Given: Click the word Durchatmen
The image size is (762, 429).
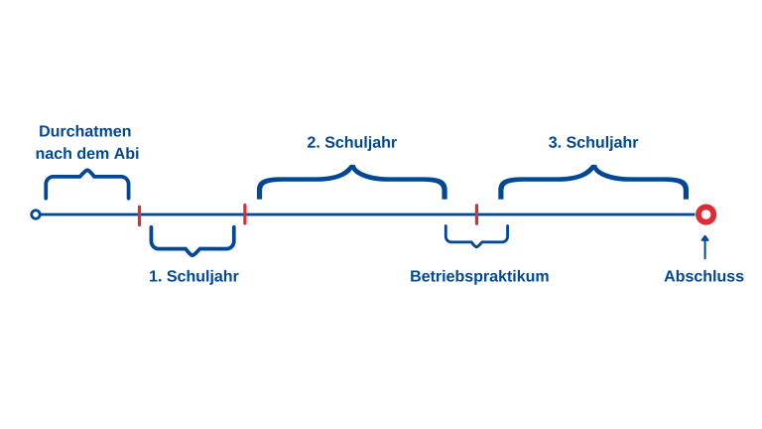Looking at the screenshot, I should point(85,131).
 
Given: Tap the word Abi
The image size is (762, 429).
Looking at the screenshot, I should point(127,154).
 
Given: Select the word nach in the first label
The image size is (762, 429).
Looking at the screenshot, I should point(53,154).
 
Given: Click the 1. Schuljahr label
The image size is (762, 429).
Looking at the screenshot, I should point(193,276).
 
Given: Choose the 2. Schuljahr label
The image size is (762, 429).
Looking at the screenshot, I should point(351,142).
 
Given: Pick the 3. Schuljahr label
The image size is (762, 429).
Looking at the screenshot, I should point(593,142).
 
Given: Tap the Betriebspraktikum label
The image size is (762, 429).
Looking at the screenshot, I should point(479,276).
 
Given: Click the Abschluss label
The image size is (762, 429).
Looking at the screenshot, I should point(703,276).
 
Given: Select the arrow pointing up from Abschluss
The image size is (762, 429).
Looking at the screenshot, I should point(705,246).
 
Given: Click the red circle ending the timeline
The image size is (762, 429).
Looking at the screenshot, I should point(705,214).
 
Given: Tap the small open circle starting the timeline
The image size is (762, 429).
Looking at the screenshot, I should point(36,214).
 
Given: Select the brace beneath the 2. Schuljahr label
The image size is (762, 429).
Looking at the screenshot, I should point(351,181).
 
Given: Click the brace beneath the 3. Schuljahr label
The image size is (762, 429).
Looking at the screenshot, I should point(593,181).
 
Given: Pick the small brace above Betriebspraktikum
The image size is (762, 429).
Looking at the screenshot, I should point(476,236).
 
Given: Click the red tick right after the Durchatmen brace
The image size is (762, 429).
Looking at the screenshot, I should point(139,214).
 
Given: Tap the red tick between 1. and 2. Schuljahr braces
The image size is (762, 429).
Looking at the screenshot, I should point(245,214).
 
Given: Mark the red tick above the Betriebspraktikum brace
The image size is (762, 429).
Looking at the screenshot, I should point(476,214).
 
